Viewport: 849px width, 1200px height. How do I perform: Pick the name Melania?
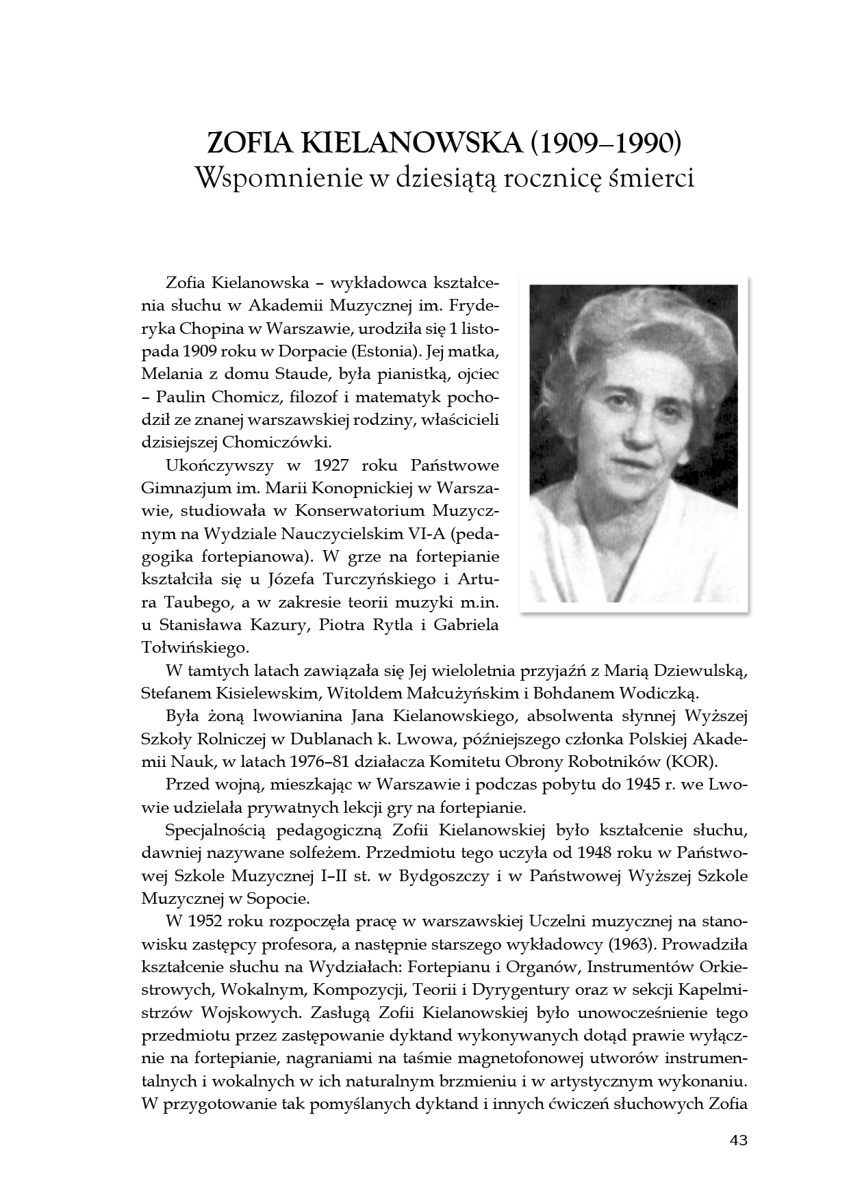coord(170,374)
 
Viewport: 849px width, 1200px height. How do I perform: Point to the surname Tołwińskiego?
coord(194,647)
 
